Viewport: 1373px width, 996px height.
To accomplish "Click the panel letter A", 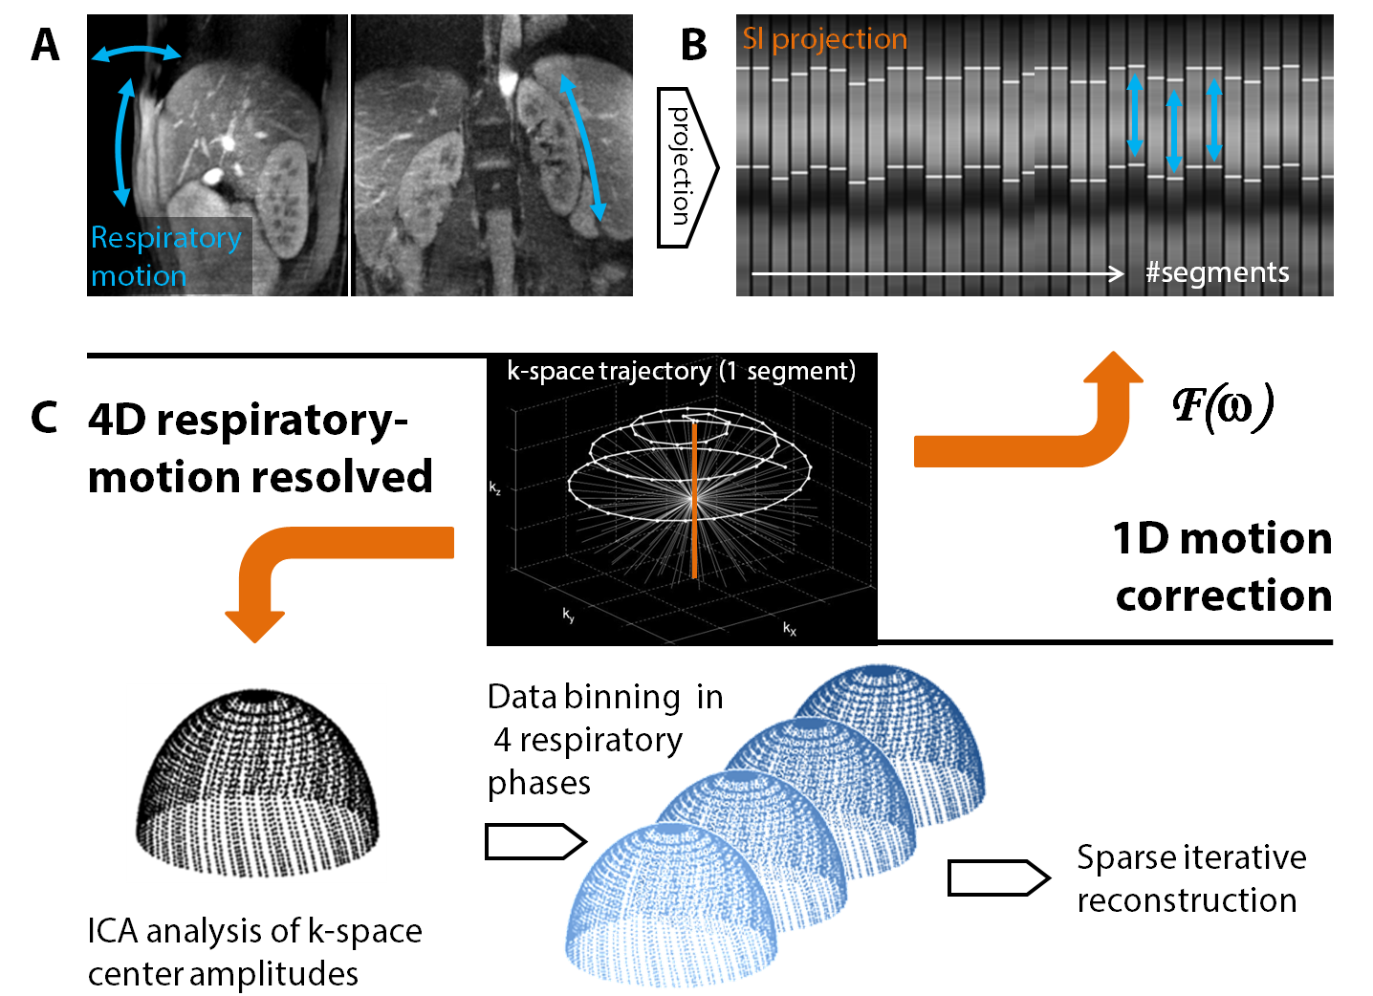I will click(45, 45).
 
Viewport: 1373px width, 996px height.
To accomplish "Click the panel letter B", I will click(694, 45).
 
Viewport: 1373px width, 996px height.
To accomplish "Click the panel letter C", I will click(44, 418).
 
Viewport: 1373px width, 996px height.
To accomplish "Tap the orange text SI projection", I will click(824, 39).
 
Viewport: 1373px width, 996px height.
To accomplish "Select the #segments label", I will click(1217, 273).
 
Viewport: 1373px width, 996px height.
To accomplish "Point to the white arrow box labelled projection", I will click(684, 166).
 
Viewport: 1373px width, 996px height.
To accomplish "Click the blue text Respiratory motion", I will click(165, 256).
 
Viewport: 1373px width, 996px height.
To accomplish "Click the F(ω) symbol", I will click(1223, 405).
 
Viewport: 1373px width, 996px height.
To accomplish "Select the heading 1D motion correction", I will click(1221, 566).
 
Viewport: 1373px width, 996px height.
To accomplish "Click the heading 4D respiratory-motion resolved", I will click(260, 447).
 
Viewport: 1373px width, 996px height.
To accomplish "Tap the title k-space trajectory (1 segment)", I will click(681, 371).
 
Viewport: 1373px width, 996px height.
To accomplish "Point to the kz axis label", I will click(494, 488).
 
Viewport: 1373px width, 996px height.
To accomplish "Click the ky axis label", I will click(569, 616).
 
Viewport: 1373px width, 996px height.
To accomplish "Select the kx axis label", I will click(790, 628).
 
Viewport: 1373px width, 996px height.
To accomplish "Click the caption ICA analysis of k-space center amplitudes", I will click(254, 952).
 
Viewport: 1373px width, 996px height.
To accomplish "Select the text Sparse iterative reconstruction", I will click(1190, 878).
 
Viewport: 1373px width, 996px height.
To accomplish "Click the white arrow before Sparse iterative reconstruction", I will click(998, 877).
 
